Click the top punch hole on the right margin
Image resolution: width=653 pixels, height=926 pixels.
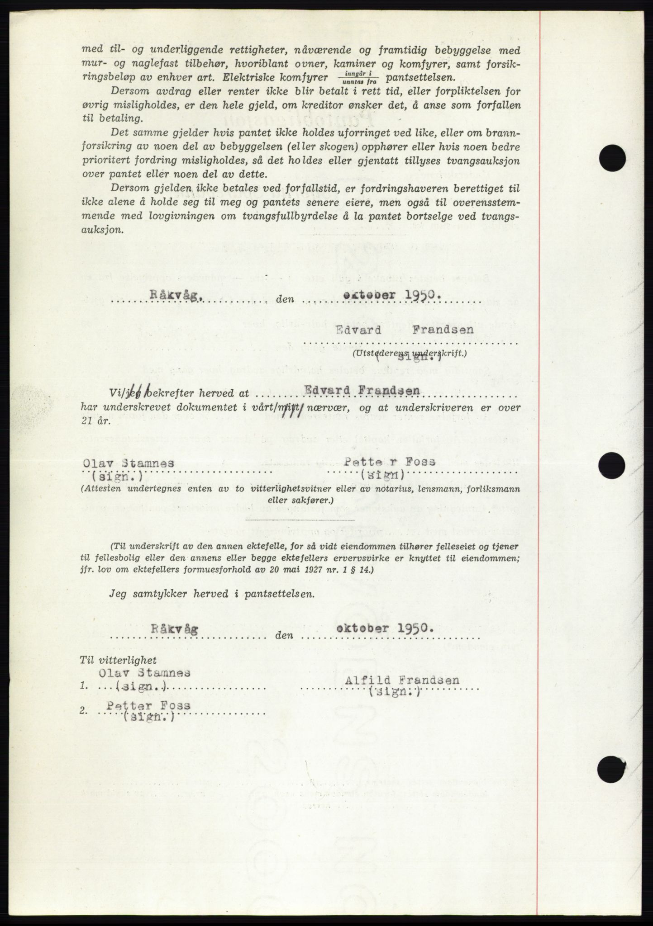click(x=612, y=158)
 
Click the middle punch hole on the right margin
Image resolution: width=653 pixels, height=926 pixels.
click(x=612, y=465)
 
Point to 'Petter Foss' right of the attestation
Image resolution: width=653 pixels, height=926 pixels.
click(x=389, y=462)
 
